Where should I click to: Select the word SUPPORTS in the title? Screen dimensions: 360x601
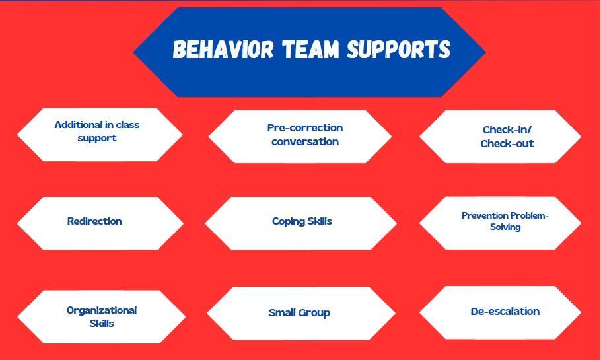(x=398, y=50)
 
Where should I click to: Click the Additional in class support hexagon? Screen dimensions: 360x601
(x=99, y=135)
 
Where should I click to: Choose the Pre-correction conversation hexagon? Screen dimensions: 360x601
(x=300, y=136)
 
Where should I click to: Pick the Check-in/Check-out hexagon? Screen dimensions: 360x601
(x=500, y=136)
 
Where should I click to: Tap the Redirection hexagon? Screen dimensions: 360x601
(x=100, y=223)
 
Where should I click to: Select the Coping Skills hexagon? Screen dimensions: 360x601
(x=300, y=223)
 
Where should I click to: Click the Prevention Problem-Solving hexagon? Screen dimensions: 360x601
(x=500, y=223)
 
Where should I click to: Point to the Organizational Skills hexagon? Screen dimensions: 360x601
(x=101, y=317)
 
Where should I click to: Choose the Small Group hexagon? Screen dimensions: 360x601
(x=300, y=313)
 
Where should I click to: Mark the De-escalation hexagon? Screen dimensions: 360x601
(x=500, y=312)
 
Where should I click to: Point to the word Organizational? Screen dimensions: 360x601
(x=102, y=310)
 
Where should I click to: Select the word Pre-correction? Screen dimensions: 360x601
(x=305, y=127)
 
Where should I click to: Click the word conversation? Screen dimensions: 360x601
(x=305, y=141)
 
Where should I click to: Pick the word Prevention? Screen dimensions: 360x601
(x=485, y=215)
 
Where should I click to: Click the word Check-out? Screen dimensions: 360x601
(x=507, y=143)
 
